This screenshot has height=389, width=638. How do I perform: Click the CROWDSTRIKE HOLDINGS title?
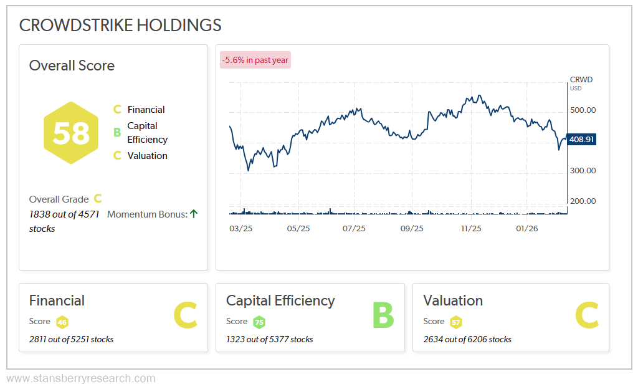click(120, 25)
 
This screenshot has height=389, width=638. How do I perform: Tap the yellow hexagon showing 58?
click(71, 133)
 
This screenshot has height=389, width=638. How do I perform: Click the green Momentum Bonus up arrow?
click(194, 214)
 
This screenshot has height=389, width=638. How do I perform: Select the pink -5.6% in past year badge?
click(255, 60)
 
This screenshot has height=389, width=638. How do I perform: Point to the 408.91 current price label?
click(582, 140)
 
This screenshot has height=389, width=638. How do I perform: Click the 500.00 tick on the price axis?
click(583, 110)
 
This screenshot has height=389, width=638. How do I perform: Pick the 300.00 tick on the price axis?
click(583, 171)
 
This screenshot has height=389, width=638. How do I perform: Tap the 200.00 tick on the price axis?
click(583, 201)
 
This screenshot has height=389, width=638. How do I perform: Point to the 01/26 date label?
click(527, 229)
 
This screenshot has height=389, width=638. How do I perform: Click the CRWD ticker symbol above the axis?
click(581, 80)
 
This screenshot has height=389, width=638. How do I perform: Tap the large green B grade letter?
click(383, 315)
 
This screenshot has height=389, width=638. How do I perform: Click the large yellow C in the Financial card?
click(185, 315)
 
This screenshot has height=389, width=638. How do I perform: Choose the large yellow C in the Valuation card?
click(586, 315)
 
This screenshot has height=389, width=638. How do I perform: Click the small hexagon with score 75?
click(259, 322)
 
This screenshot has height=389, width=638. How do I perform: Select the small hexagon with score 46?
click(62, 322)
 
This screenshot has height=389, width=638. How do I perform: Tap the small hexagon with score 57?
click(456, 322)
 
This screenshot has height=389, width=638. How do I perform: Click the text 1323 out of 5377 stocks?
click(269, 340)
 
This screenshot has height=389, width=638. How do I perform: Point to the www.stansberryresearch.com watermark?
click(81, 378)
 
